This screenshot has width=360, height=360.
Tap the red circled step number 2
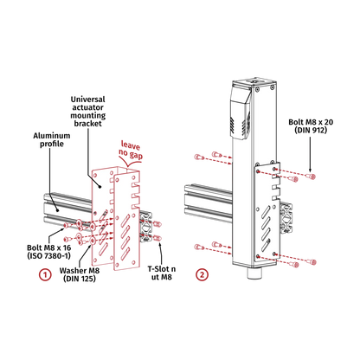coord(202,275)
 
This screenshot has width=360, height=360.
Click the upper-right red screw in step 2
coord(299,177)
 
